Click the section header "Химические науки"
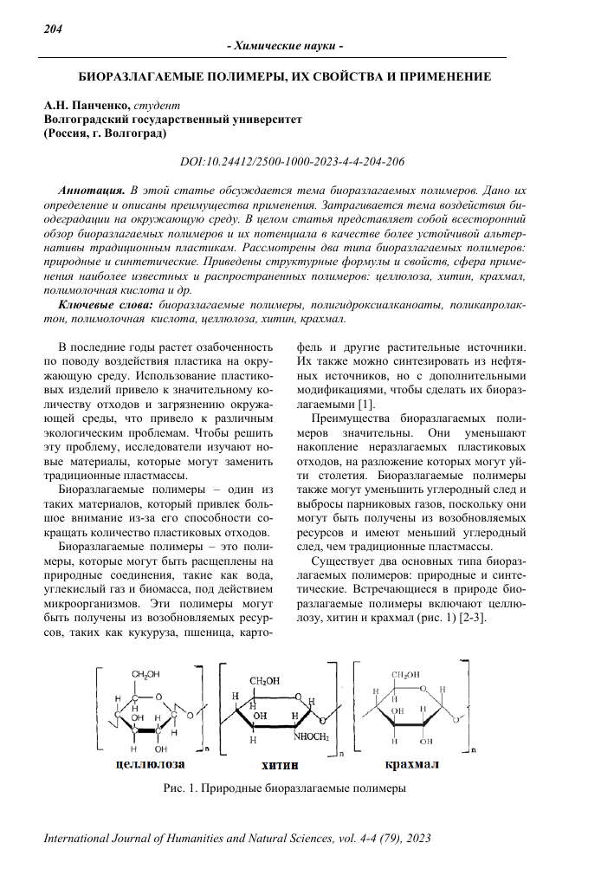pos(285,45)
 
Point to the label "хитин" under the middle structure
pos(279,767)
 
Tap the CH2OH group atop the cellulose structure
pos(145,673)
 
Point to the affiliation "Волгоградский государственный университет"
pos(172,120)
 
